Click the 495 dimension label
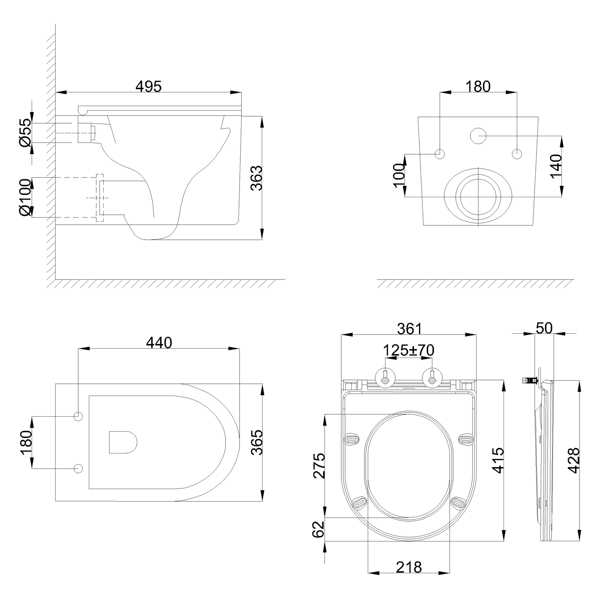[x=149, y=86]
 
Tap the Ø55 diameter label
[x=25, y=133]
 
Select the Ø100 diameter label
[x=25, y=198]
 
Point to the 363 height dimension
[x=256, y=178]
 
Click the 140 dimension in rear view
[x=556, y=166]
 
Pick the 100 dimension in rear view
[x=399, y=175]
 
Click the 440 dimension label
[x=159, y=343]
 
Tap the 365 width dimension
[x=256, y=442]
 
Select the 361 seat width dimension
[x=409, y=329]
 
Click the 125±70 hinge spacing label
[x=408, y=350]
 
